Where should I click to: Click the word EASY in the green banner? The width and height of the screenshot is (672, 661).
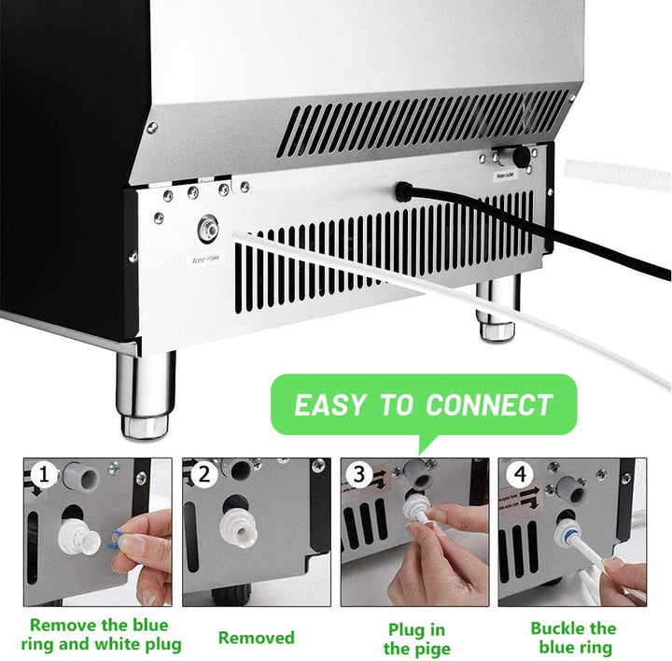click(329, 405)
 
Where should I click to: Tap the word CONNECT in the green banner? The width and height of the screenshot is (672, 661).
click(489, 405)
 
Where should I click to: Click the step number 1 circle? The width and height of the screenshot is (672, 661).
click(41, 475)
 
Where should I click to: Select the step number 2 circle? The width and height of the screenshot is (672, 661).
click(201, 475)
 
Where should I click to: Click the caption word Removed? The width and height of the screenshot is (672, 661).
click(257, 639)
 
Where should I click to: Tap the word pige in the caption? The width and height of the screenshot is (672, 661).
click(430, 649)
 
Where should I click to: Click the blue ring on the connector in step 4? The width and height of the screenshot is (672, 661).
click(566, 542)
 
